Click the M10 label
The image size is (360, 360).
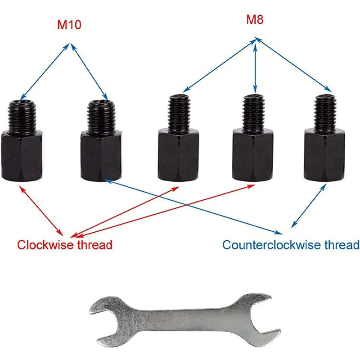coord(69,25)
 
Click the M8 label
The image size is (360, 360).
coord(255,19)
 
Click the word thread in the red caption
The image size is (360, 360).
coord(94,245)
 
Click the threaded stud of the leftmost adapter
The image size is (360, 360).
coord(22,116)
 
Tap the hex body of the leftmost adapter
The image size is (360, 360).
coord(22,156)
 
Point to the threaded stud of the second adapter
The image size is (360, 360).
coord(101,116)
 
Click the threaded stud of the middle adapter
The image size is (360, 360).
coord(179,113)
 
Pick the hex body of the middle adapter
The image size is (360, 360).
coord(178,154)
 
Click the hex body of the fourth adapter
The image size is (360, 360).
coord(253,154)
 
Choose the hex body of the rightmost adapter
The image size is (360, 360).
coord(324,154)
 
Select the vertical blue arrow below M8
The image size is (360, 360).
coord(255,67)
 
